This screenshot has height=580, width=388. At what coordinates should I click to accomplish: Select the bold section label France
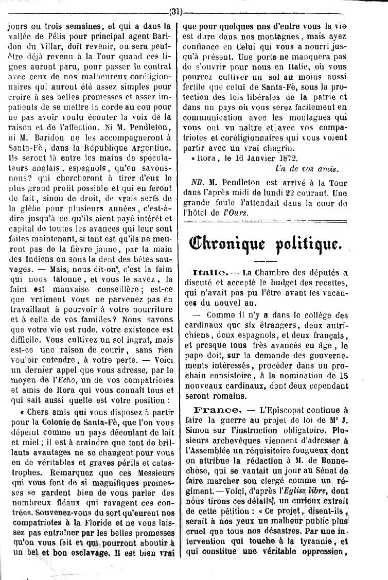tap(216, 410)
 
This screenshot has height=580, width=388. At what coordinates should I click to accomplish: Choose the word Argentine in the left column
tap(152, 146)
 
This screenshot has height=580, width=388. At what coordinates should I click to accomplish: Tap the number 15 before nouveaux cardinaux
tap(345, 376)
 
